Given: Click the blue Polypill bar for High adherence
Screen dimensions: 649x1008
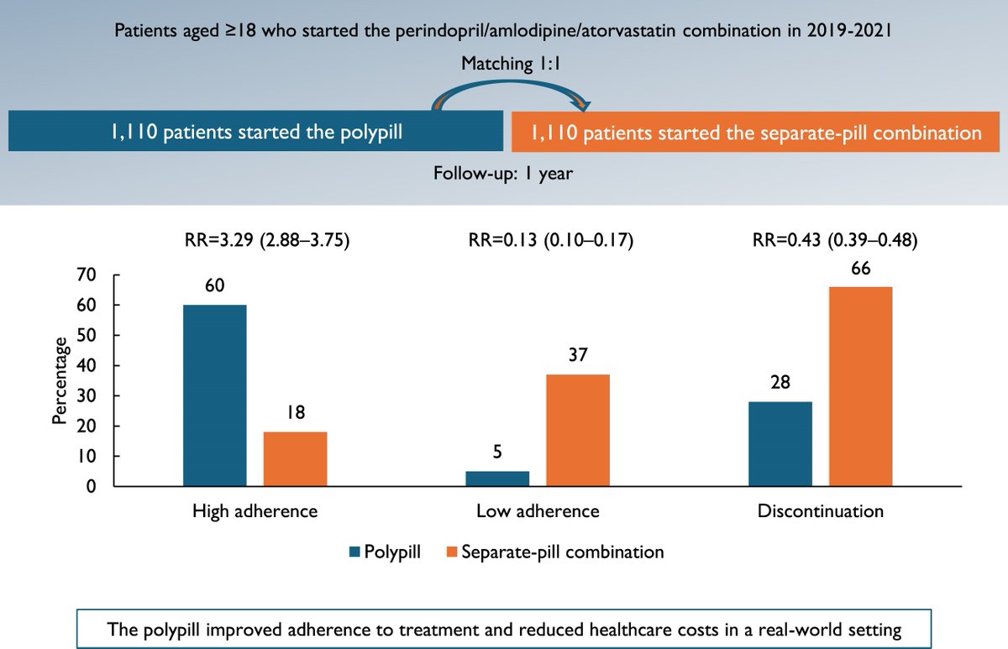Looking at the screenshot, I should point(215,395).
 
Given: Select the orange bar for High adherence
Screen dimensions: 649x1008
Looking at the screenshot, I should point(295,458).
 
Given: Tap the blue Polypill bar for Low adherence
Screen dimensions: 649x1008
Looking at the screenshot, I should point(497,479).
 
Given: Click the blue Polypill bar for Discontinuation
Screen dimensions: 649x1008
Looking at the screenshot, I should point(780,444).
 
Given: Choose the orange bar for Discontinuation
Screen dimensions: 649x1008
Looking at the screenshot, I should point(860,386).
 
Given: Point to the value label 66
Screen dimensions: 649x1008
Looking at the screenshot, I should point(860,270).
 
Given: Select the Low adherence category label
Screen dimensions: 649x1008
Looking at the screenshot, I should point(538,510).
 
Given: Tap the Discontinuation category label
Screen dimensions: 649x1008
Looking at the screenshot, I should point(821,510).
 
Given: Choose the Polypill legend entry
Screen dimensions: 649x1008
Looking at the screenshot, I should point(385,552).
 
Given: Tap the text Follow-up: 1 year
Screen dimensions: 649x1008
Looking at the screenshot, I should point(503,174).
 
